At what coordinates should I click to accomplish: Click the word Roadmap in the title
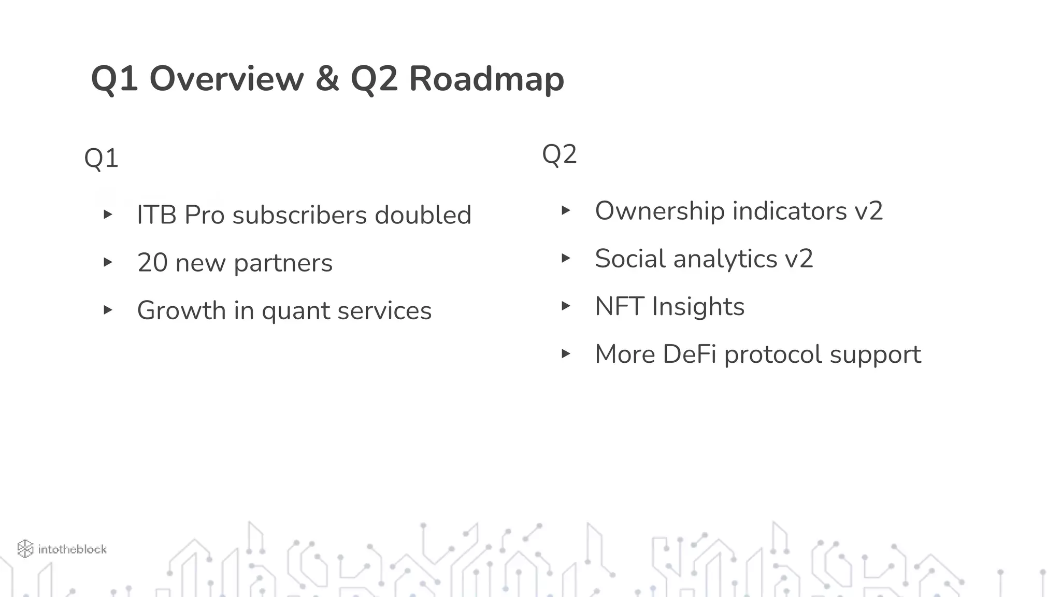coord(486,79)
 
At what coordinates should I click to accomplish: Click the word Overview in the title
coord(226,79)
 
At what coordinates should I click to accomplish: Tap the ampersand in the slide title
coord(327,79)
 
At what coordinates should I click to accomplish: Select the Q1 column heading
coord(102,158)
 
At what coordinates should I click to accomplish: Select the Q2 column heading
coord(559,154)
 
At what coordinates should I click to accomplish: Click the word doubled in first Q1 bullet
coord(423,215)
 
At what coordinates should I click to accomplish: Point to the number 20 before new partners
coord(152,263)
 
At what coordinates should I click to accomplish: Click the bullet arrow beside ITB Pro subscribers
coord(108,215)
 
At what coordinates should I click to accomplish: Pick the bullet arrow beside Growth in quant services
coord(108,310)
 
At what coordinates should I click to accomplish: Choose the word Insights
coord(698,306)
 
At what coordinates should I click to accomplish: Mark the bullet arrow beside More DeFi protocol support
coord(566,354)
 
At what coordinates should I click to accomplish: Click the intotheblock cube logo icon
coord(25,549)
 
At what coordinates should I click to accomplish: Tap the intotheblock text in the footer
coord(73,549)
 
